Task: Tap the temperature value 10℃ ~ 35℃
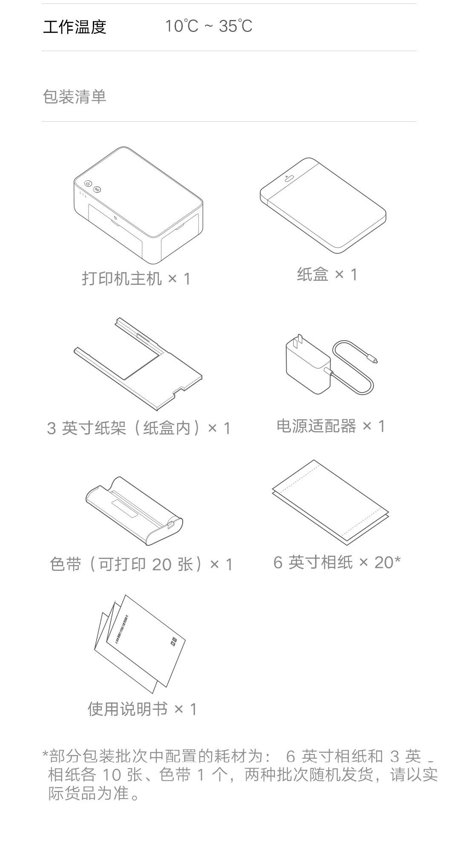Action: tap(209, 26)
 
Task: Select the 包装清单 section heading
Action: tap(75, 97)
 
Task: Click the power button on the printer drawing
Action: tap(88, 184)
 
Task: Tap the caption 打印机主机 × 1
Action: tap(136, 279)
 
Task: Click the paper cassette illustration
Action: tap(323, 204)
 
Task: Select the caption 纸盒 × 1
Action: tap(327, 275)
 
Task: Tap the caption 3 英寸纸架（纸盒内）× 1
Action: tap(138, 428)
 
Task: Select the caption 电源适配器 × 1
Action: tap(331, 426)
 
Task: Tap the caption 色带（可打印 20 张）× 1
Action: tap(141, 564)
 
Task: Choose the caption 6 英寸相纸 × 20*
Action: tap(336, 562)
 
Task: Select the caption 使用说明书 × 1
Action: tap(142, 709)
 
